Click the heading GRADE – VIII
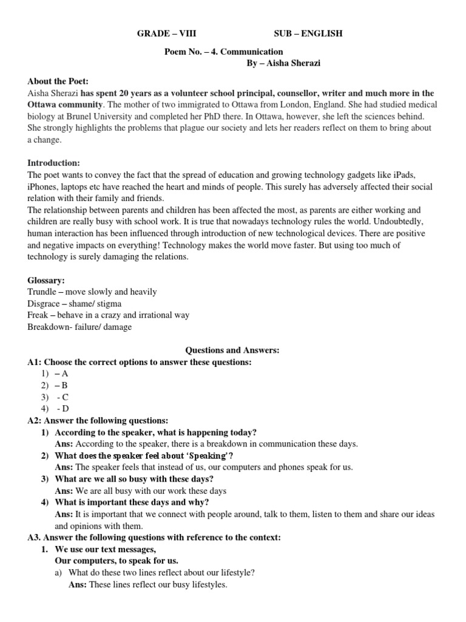(167, 33)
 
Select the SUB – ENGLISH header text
(308, 33)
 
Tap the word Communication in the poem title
(257, 52)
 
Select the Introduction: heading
(54, 163)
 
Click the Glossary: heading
(46, 279)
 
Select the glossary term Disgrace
(44, 303)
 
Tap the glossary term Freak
(38, 315)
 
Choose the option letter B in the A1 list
(65, 385)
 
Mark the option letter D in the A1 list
(66, 409)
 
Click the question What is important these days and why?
(132, 502)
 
